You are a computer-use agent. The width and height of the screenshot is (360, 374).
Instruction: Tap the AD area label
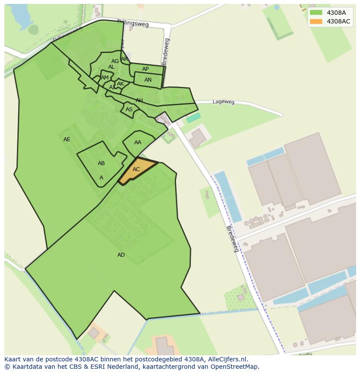(121, 255)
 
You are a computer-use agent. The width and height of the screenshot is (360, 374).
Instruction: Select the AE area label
(67, 139)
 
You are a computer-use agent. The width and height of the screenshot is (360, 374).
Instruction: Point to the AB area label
(101, 163)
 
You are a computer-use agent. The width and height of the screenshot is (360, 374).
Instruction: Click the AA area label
(138, 142)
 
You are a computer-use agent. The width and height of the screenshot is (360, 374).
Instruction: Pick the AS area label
(129, 109)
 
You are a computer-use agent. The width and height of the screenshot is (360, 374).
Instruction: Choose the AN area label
(148, 80)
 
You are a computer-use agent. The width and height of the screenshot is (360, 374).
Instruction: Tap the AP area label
(146, 69)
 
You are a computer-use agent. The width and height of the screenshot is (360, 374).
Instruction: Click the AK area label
(120, 84)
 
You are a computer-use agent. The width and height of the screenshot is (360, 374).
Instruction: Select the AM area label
(105, 78)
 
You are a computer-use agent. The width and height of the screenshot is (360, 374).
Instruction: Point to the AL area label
(111, 67)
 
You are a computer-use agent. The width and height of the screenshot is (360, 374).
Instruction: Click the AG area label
(115, 61)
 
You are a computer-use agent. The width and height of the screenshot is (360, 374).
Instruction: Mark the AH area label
(139, 100)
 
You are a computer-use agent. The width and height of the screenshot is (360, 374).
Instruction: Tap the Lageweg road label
(223, 102)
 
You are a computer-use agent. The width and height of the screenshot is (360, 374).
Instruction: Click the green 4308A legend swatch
(316, 13)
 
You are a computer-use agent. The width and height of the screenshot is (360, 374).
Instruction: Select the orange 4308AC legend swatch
(316, 21)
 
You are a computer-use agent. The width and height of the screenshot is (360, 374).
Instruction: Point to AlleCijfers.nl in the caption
(227, 359)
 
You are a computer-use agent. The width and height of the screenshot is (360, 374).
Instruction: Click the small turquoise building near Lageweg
(193, 117)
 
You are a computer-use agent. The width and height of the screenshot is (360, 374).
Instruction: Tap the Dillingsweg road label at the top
(133, 23)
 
